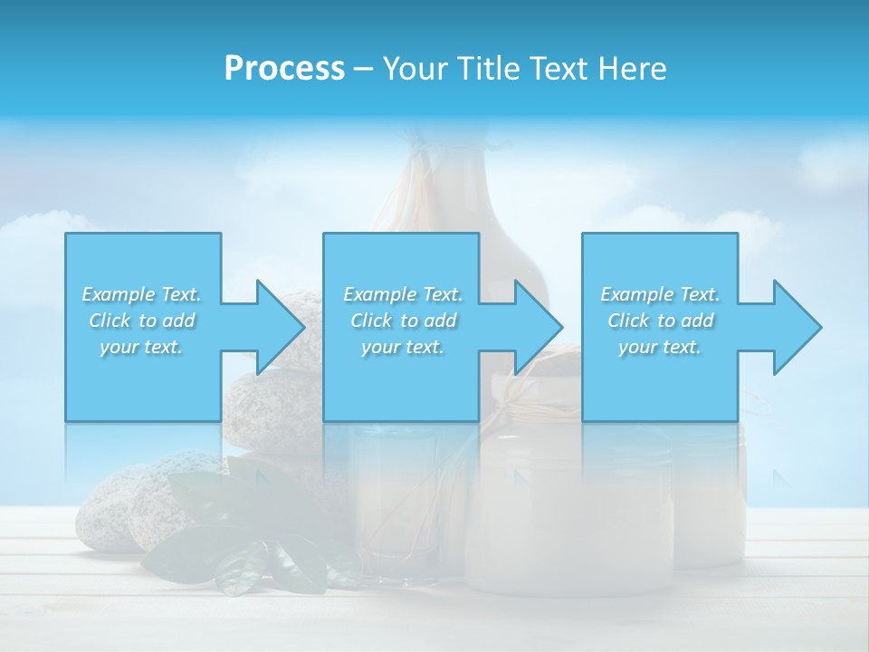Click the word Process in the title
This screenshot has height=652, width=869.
(284, 69)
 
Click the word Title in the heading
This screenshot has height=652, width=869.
(487, 69)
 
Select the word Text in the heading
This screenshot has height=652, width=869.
(556, 69)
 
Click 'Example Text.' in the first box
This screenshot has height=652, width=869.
(141, 294)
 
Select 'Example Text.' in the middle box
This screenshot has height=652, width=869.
(403, 294)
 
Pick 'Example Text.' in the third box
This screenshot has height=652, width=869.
(660, 294)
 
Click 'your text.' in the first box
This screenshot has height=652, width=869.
(141, 347)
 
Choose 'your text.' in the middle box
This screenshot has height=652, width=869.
(403, 347)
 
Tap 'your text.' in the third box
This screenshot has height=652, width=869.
(660, 347)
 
